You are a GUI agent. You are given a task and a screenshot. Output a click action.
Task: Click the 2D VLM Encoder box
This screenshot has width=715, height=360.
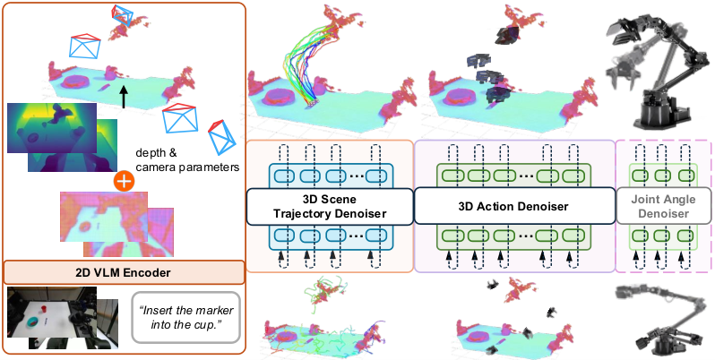coord(123,272)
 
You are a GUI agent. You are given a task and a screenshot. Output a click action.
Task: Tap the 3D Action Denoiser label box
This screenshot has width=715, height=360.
coord(513,207)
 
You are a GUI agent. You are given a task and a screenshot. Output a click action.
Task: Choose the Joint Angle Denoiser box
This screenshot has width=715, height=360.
coord(663,207)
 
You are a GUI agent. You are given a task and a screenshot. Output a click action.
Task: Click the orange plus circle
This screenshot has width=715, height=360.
coord(125,182)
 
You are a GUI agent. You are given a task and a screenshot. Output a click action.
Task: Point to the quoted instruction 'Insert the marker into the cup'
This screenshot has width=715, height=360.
coord(186,318)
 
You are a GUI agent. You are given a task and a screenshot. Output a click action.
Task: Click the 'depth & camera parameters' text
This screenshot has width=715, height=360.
coord(188,159)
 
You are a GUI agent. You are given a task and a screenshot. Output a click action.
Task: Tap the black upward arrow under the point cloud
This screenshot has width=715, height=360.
coord(124,98)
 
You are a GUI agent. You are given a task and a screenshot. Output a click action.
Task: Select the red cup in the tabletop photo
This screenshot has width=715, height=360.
coord(44,310)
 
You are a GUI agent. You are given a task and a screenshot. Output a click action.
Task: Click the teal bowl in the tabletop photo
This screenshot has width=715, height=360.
coord(33,322)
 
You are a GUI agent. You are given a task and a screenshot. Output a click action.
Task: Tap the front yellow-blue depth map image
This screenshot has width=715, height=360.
coord(52,127)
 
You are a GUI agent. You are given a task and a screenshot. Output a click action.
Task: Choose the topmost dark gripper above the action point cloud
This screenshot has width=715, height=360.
coord(506,34)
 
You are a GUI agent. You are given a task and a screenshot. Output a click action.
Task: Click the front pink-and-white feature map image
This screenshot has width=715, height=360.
coord(104,217)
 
